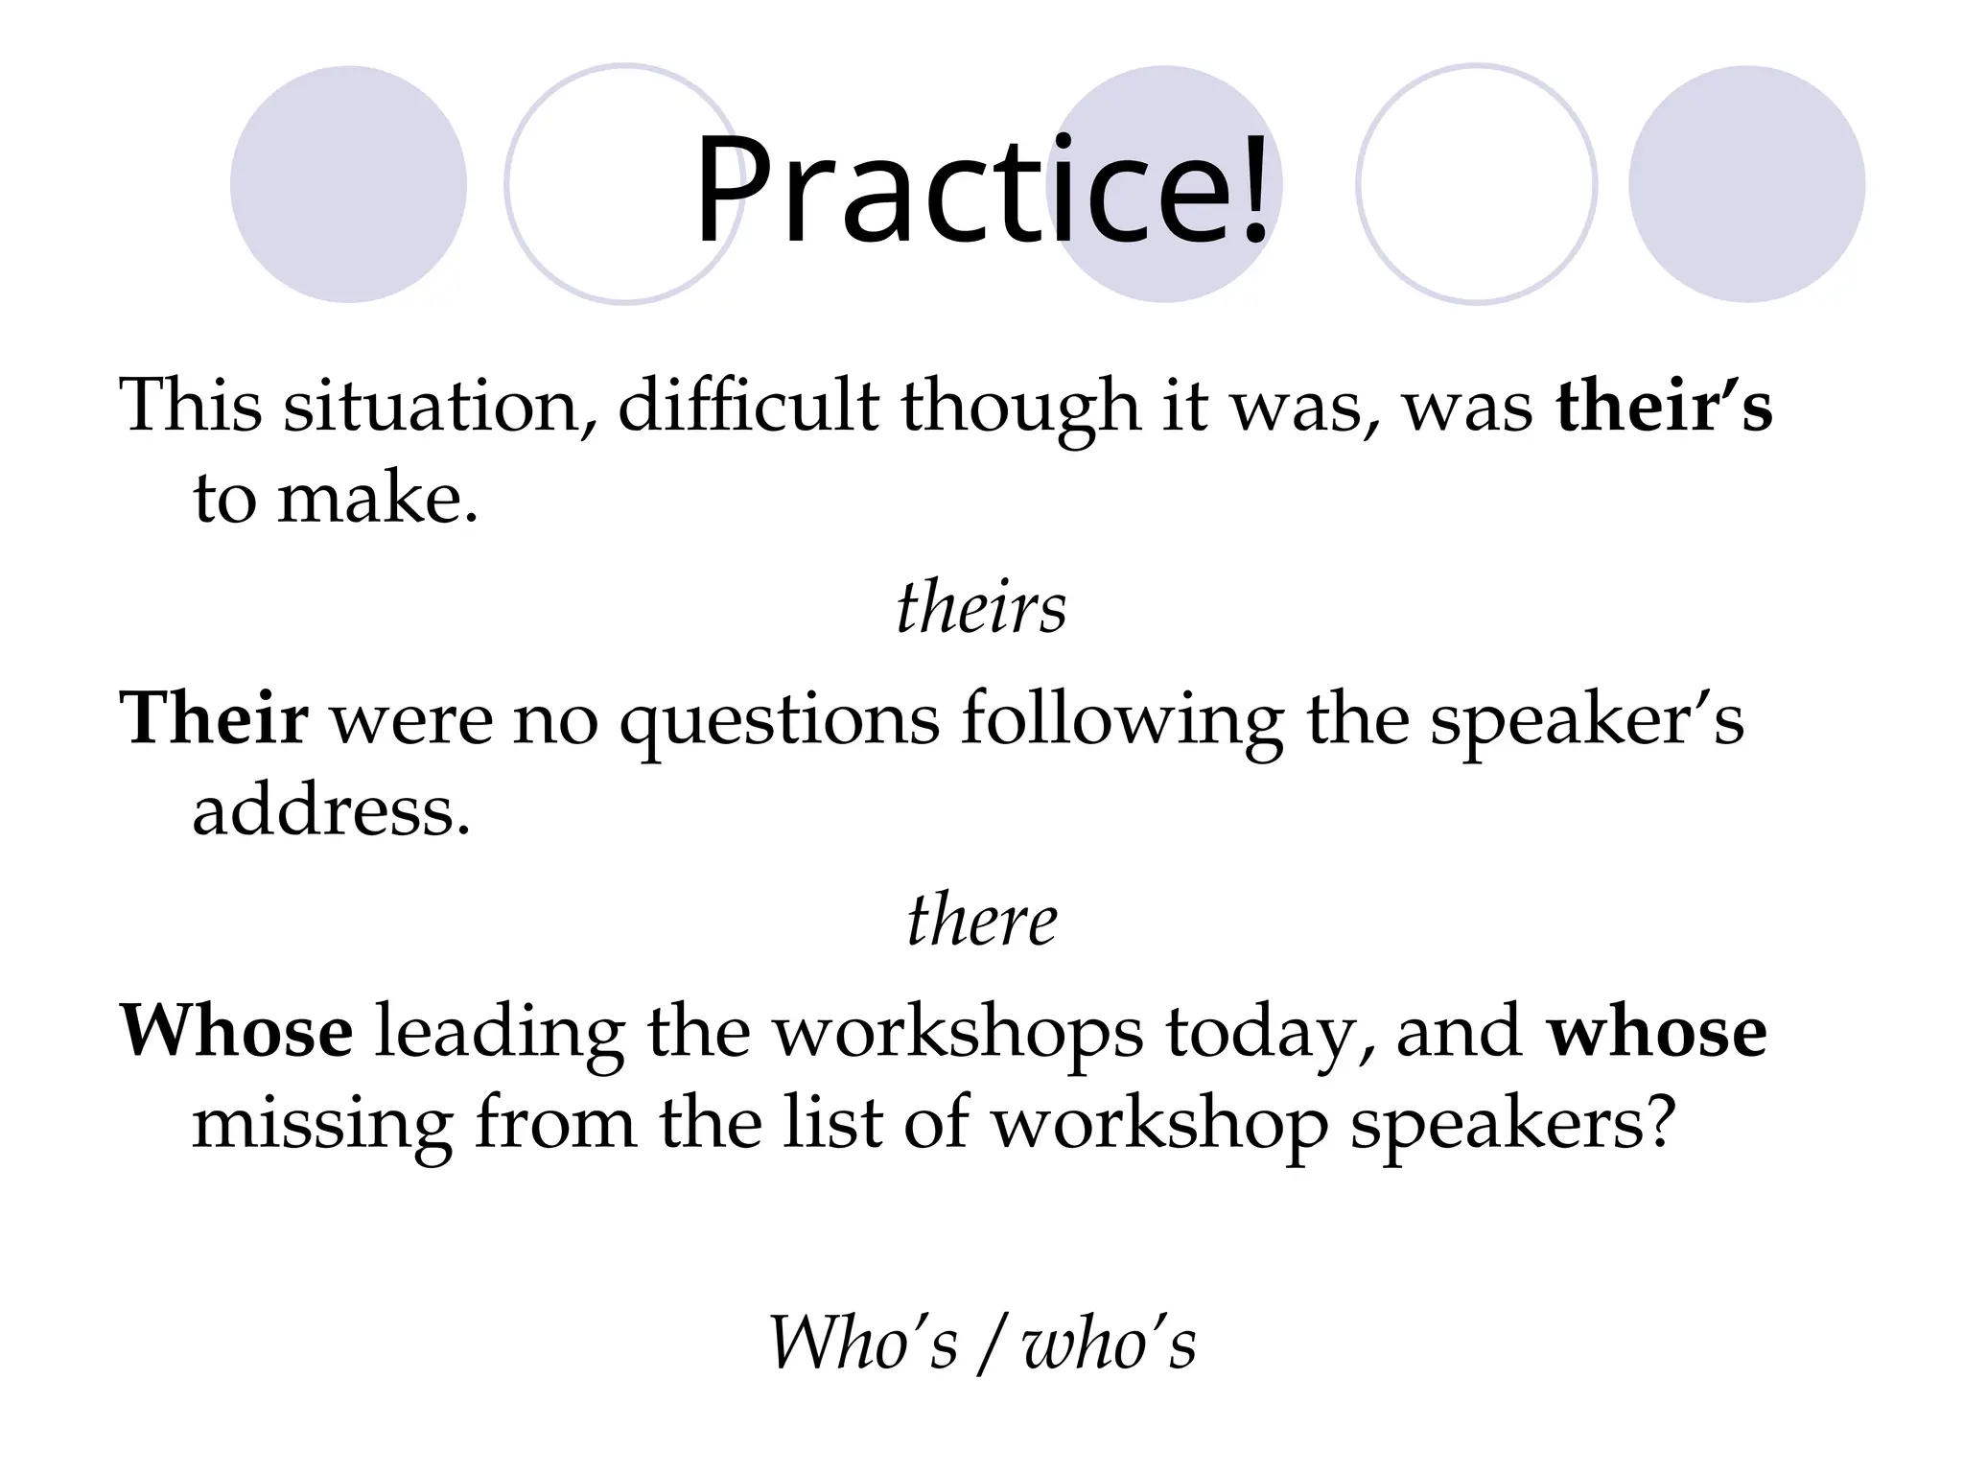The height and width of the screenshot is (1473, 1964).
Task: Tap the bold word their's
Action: click(x=1664, y=406)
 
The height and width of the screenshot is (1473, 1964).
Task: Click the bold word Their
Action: click(x=214, y=718)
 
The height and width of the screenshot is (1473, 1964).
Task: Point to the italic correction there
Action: click(x=982, y=921)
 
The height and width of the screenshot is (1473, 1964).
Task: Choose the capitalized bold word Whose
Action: click(x=236, y=1032)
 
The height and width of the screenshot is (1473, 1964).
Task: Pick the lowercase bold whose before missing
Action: click(x=1657, y=1032)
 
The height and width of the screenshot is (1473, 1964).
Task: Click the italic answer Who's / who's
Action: click(x=982, y=1343)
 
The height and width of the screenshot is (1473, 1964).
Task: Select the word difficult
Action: click(x=748, y=406)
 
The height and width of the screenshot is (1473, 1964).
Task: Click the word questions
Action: click(x=779, y=721)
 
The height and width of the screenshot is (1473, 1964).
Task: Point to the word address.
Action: click(x=331, y=811)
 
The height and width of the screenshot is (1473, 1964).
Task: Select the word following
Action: click(x=1122, y=721)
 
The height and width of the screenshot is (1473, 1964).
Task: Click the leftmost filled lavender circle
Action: click(x=348, y=184)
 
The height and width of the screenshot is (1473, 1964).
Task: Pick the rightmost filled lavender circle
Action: click(x=1746, y=184)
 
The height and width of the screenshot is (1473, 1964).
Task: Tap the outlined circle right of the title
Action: click(x=1477, y=184)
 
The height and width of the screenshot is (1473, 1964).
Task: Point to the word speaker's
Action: click(x=1586, y=721)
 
